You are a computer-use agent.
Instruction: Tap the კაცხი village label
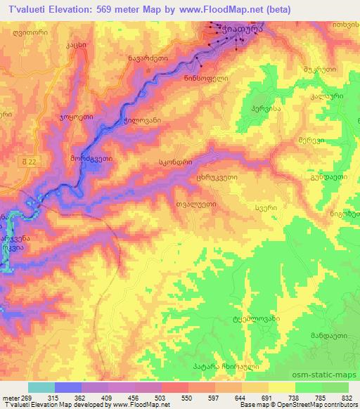76,44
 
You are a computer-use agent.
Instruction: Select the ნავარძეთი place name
148,58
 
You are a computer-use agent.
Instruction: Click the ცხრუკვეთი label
217,178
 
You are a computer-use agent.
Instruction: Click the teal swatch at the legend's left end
41,387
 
